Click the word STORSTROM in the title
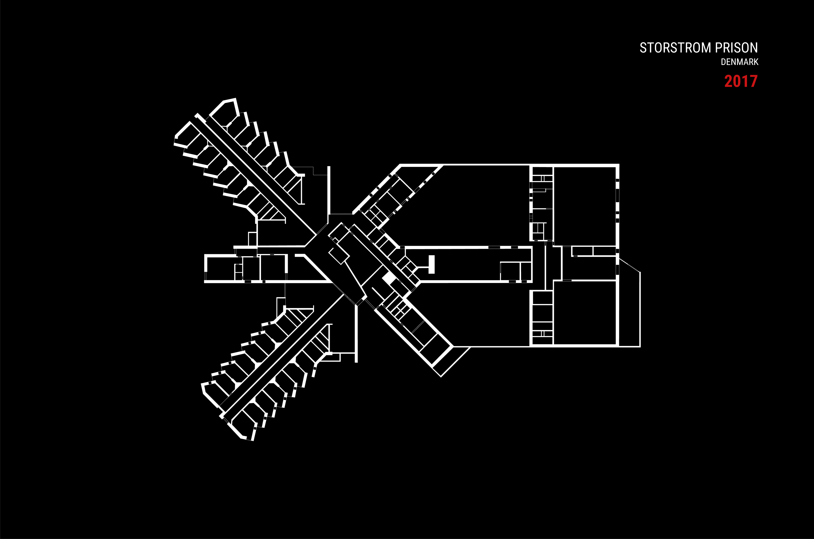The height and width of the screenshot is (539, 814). pos(676,48)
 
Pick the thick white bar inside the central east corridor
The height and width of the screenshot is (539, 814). pos(432,264)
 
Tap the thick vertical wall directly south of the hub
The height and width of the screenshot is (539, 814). pos(356,333)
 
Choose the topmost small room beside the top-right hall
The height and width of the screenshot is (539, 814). pos(542,171)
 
